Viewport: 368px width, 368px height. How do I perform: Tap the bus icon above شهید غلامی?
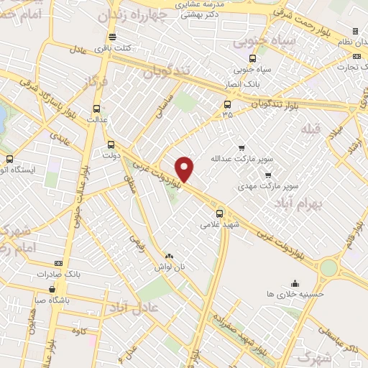tap(220, 213)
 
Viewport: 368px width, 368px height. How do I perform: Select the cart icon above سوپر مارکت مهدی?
tap(268, 175)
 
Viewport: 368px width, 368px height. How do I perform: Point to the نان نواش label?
tap(172, 266)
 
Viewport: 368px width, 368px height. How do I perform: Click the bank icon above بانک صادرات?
tap(58, 263)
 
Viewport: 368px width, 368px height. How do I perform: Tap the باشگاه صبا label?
tap(53, 301)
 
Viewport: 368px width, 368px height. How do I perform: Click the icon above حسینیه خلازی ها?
tap(295, 282)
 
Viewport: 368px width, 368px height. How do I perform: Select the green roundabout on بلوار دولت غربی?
tap(328, 267)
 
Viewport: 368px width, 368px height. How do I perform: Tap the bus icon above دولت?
tap(110, 143)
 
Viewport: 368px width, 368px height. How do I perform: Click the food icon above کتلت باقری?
tap(111, 37)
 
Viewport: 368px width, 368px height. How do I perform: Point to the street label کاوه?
tap(79, 331)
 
